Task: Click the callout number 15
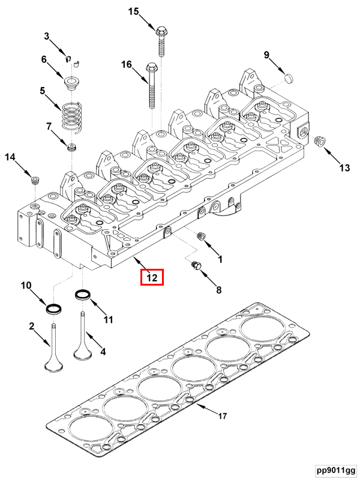click(x=133, y=11)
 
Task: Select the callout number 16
click(x=126, y=64)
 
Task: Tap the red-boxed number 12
click(x=152, y=278)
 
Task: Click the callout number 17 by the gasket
click(x=222, y=415)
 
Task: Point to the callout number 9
click(x=266, y=56)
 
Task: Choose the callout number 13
click(x=344, y=169)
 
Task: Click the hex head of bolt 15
click(x=161, y=30)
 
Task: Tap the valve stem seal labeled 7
click(x=73, y=146)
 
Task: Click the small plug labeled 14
click(x=35, y=179)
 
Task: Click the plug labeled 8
click(x=194, y=265)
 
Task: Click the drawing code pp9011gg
click(x=336, y=469)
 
